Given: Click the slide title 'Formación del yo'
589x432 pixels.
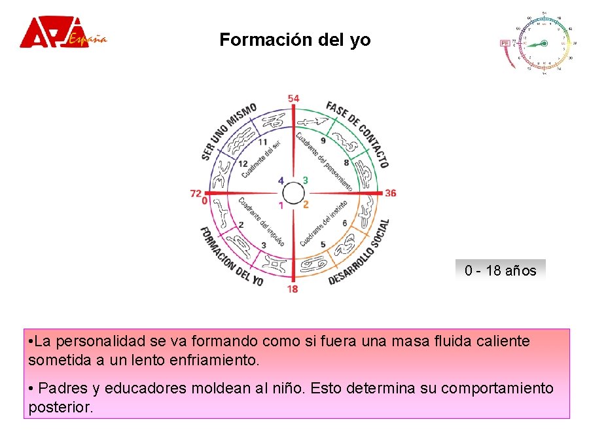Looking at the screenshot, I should [295, 40].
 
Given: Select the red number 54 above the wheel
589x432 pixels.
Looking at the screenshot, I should [293, 99].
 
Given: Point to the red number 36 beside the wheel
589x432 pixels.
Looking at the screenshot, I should [390, 193].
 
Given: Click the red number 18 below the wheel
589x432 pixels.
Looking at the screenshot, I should [292, 289].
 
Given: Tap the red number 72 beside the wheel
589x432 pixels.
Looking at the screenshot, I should [196, 193].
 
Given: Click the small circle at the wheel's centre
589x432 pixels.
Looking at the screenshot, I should [293, 194].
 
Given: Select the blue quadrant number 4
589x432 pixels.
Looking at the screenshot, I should [281, 181].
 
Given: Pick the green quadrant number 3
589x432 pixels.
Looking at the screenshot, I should [305, 180].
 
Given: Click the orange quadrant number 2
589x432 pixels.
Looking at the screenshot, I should [306, 205].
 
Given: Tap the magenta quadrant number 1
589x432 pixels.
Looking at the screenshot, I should [281, 206].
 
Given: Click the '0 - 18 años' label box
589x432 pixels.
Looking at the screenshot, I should [500, 270].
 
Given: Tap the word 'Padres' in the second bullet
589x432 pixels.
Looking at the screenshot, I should [62, 388].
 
